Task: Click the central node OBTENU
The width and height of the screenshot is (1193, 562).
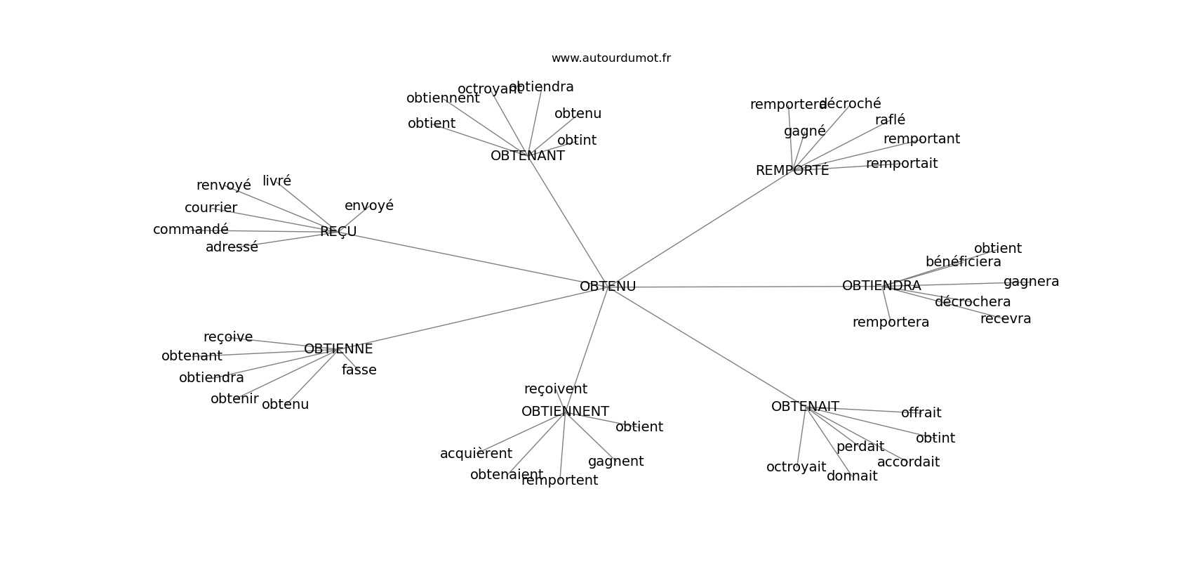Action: pos(608,287)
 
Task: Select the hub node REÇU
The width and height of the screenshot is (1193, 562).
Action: pos(338,232)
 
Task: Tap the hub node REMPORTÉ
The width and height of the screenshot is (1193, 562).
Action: pos(792,171)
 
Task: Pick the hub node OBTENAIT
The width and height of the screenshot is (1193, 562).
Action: pos(805,407)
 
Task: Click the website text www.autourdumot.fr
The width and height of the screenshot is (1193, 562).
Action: pos(611,58)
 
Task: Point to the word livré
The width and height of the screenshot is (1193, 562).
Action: pos(276,181)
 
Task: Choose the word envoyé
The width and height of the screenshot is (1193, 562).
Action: pos(369,206)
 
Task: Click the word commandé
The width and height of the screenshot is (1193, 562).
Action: pos(191,230)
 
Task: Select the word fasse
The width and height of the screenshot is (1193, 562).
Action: pos(359,370)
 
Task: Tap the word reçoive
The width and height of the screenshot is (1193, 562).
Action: pos(228,337)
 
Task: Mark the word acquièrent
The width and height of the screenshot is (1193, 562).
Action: pos(476,454)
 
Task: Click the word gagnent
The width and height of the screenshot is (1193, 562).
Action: pos(615,462)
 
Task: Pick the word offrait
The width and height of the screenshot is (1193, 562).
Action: pos(921,413)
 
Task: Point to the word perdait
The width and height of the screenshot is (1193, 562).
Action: pos(860,447)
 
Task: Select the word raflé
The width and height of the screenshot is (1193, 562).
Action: pos(890,120)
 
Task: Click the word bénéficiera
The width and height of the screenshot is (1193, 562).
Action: pos(963,262)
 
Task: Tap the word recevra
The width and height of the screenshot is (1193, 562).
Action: pos(1006,319)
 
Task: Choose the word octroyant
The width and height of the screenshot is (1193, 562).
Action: pos(489,89)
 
